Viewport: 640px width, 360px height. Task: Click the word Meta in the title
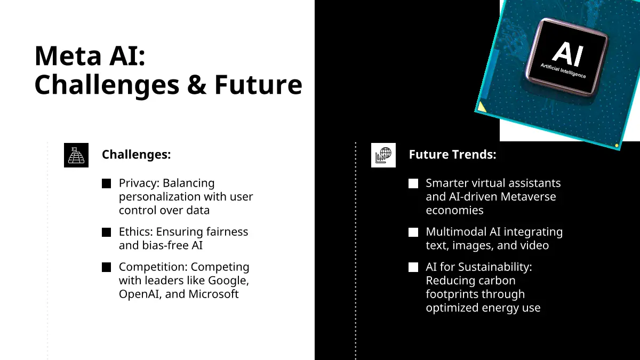point(68,55)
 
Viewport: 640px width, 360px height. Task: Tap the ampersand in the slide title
point(197,84)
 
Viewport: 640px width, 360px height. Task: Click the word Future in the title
point(258,85)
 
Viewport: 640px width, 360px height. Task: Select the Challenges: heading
point(137,154)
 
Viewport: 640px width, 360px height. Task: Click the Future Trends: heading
point(452,154)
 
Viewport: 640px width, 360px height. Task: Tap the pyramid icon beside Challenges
point(76,155)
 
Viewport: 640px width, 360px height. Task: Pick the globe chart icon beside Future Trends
point(383,155)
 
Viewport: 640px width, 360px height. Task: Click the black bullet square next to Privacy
point(106,183)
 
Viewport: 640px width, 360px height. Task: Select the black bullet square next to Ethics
point(106,233)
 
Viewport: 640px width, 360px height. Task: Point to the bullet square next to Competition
point(106,267)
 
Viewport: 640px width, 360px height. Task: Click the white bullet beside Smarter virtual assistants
point(413,183)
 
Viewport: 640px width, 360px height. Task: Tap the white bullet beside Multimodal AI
point(413,233)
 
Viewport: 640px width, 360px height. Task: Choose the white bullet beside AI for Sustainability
point(413,267)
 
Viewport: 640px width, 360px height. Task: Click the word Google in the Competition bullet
point(228,281)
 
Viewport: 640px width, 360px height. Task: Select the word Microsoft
point(213,294)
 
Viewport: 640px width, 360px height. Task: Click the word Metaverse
point(529,197)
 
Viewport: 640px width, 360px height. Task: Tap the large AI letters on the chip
point(567,54)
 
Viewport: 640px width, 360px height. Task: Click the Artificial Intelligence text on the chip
point(563,70)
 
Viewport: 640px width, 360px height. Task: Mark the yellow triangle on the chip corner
point(481,107)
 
